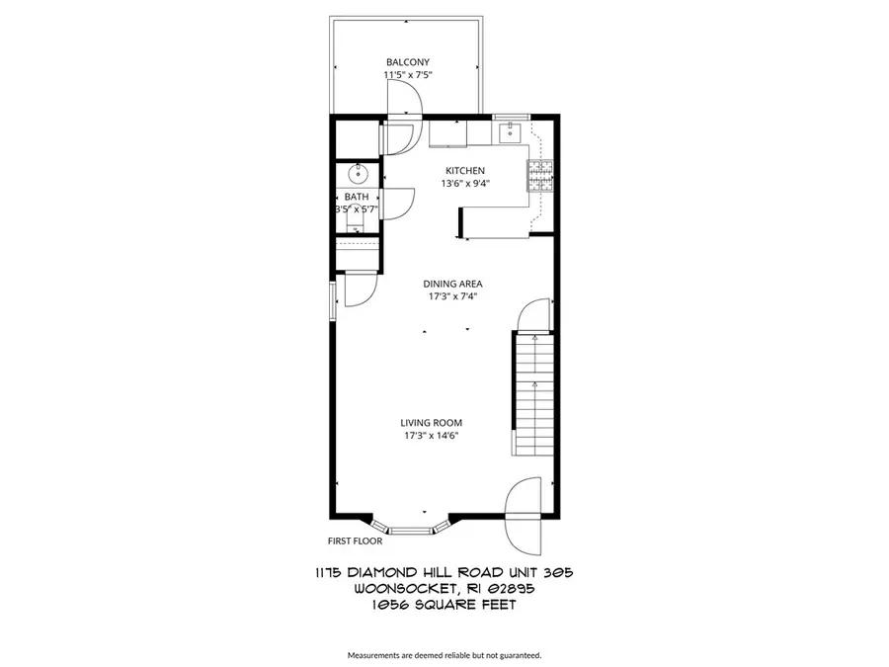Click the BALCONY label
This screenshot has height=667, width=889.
[x=408, y=62]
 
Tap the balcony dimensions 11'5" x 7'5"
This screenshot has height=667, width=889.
[x=408, y=75]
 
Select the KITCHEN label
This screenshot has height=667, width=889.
[x=464, y=171]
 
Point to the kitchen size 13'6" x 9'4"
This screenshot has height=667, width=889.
[x=464, y=183]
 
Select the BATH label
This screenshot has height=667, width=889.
[x=357, y=197]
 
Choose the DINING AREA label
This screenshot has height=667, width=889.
[x=453, y=285]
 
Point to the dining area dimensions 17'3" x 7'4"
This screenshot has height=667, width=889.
[x=453, y=296]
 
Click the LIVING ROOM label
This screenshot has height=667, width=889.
[x=431, y=423]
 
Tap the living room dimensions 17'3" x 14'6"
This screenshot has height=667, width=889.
[x=431, y=435]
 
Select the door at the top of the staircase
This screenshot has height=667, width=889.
[x=533, y=318]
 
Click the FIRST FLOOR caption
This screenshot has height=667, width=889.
[x=355, y=541]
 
